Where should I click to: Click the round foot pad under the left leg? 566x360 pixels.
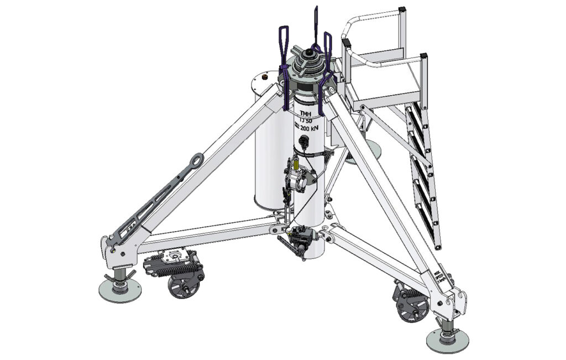[x=119, y=289]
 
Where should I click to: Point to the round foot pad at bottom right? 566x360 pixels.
[x=447, y=340]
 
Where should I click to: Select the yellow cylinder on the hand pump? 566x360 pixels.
[x=297, y=164]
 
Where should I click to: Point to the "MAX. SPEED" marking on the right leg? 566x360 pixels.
[x=439, y=275]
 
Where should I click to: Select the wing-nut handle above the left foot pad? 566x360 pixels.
[x=123, y=275]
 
